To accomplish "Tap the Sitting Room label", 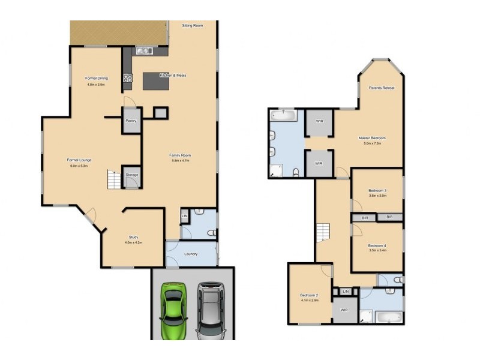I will [x=193, y=26].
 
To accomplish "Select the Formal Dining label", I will [x=96, y=79].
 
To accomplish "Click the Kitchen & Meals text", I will [x=173, y=76].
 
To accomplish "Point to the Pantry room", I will [x=131, y=121].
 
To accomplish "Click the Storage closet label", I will [x=132, y=175].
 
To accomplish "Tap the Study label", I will [x=133, y=237].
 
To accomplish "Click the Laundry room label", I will [x=191, y=254].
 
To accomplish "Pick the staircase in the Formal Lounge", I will [x=114, y=179].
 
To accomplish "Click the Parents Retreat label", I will [x=381, y=88].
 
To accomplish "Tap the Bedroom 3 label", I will [x=377, y=190].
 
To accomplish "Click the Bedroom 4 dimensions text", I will [x=377, y=251].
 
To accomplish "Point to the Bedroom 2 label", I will [x=309, y=295].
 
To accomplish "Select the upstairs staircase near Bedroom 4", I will [x=323, y=232].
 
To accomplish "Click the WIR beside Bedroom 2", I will [x=344, y=310].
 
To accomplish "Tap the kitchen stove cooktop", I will [x=127, y=77].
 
